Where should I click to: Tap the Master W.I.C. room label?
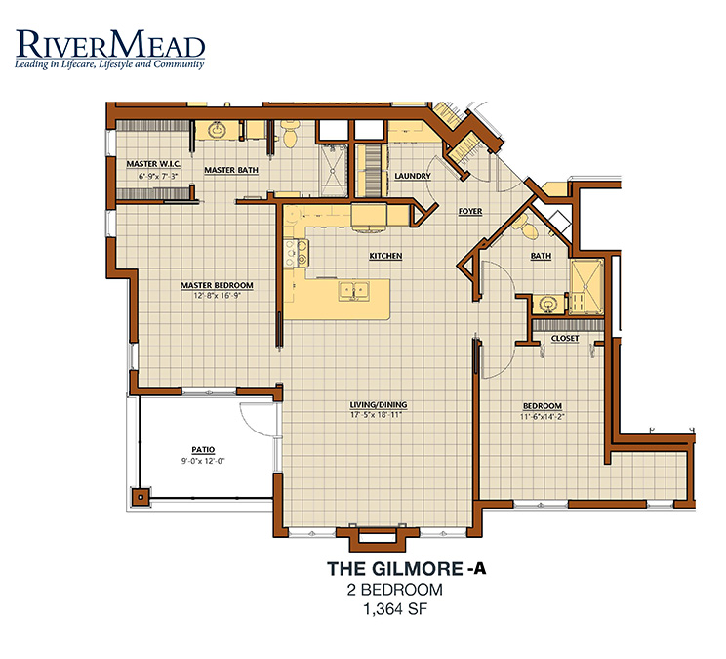(x=153, y=164)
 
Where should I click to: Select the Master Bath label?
(x=231, y=170)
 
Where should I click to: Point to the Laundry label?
(x=413, y=176)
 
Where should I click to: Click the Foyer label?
(x=470, y=211)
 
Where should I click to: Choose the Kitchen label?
(x=385, y=256)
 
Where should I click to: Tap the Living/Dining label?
(x=379, y=405)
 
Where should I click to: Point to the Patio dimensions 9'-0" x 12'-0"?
(x=203, y=461)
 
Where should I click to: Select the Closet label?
(x=565, y=338)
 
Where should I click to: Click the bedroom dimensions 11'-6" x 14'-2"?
(x=543, y=416)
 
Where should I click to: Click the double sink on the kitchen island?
(x=354, y=292)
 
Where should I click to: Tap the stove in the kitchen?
(x=297, y=254)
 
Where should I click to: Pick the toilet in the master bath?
(x=290, y=133)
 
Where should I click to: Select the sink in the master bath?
(x=217, y=130)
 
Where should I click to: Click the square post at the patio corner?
(x=140, y=497)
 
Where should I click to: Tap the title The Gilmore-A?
(x=407, y=569)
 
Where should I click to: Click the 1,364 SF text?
(x=395, y=609)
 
